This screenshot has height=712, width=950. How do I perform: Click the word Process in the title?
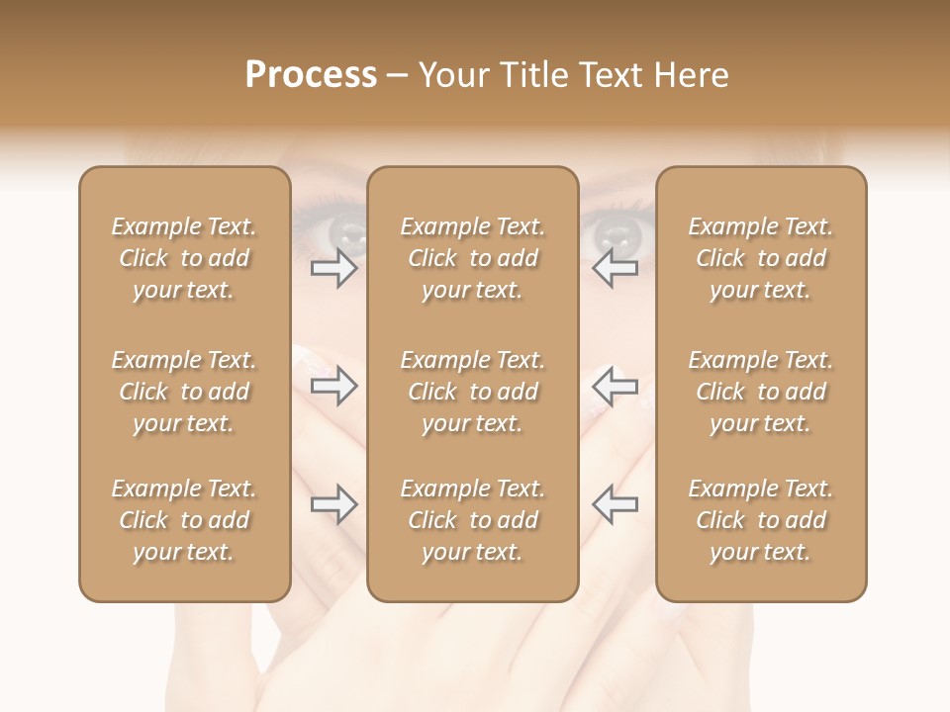coord(311,75)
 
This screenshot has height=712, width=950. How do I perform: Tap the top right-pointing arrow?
coord(333,268)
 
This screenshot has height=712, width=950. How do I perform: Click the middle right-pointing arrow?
coord(333,386)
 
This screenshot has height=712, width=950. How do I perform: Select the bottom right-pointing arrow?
coord(333,504)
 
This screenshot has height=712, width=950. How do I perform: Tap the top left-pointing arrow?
coord(615,268)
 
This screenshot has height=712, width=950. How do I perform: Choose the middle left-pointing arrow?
coord(615,386)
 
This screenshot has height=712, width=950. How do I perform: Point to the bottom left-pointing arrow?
coord(615,504)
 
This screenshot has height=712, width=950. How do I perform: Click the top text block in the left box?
coord(184,258)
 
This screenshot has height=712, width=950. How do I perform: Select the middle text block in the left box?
coord(184,392)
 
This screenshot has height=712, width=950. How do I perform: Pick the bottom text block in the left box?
coord(184,520)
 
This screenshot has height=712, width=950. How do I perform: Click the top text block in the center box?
coord(473,258)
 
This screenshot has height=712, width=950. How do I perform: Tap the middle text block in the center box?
coord(473,392)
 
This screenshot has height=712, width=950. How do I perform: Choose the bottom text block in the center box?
coord(473,520)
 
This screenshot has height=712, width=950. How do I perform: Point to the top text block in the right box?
coord(761,258)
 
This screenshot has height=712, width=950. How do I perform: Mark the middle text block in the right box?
coord(761,392)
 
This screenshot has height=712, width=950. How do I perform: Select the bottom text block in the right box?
coord(761,520)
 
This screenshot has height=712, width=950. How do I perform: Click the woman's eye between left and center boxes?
coord(345,232)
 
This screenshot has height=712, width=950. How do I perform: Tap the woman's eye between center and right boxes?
coord(614,232)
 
